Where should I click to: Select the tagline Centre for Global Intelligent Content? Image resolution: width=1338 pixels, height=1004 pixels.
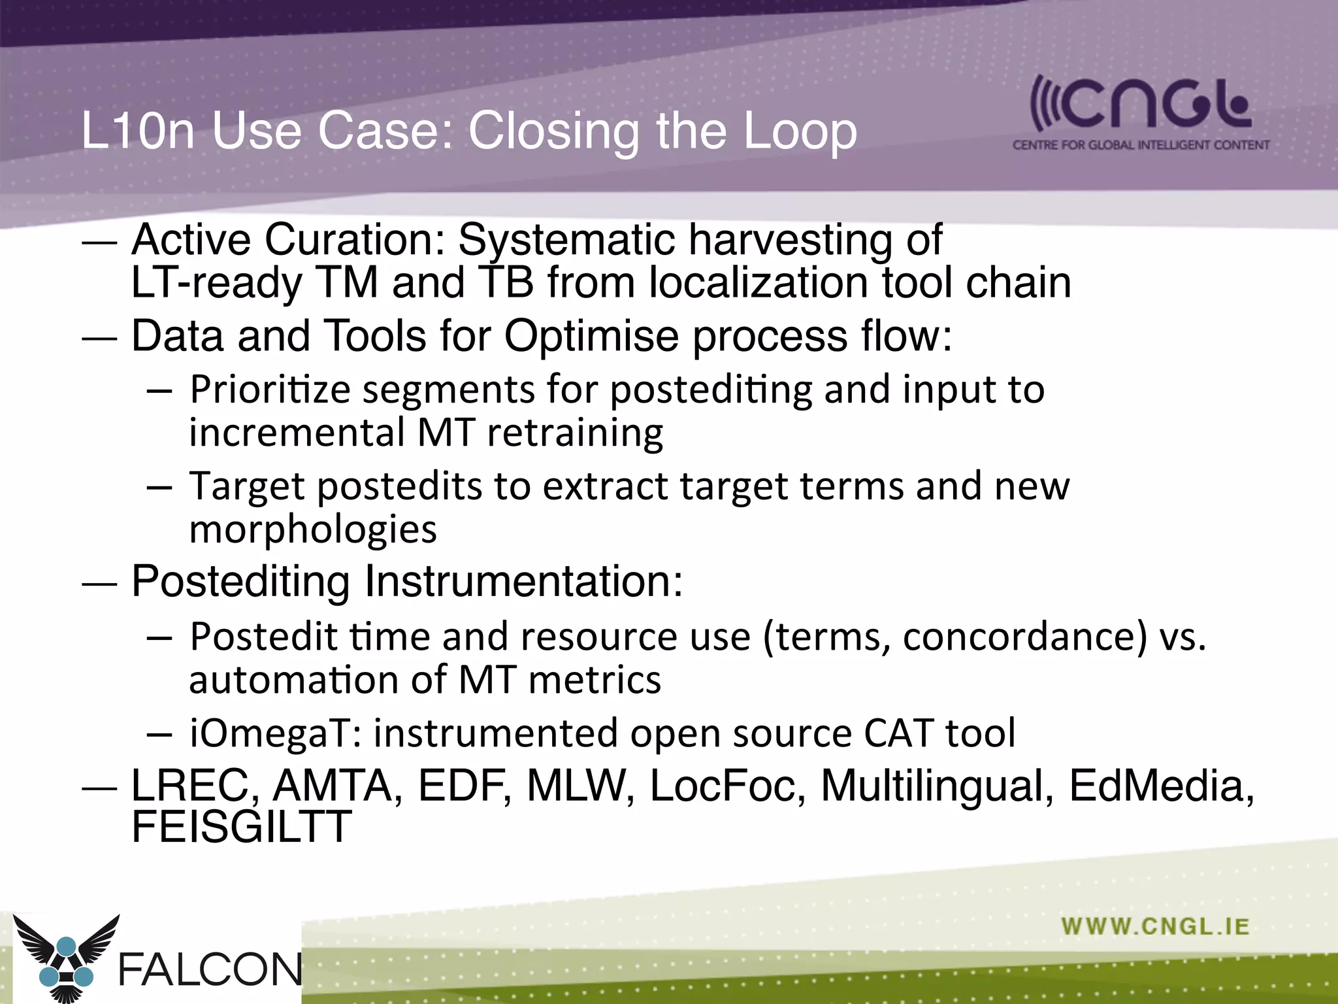point(1141,145)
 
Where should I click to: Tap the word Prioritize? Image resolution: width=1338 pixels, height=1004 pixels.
point(270,390)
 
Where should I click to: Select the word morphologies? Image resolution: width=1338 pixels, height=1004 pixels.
point(313,529)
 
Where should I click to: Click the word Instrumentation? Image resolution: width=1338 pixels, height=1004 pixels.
point(523,580)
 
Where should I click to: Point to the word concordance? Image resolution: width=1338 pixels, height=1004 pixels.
point(1024,637)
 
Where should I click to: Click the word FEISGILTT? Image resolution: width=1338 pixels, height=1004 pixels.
point(241,826)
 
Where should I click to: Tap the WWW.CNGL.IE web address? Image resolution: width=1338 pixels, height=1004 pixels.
point(1155,926)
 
